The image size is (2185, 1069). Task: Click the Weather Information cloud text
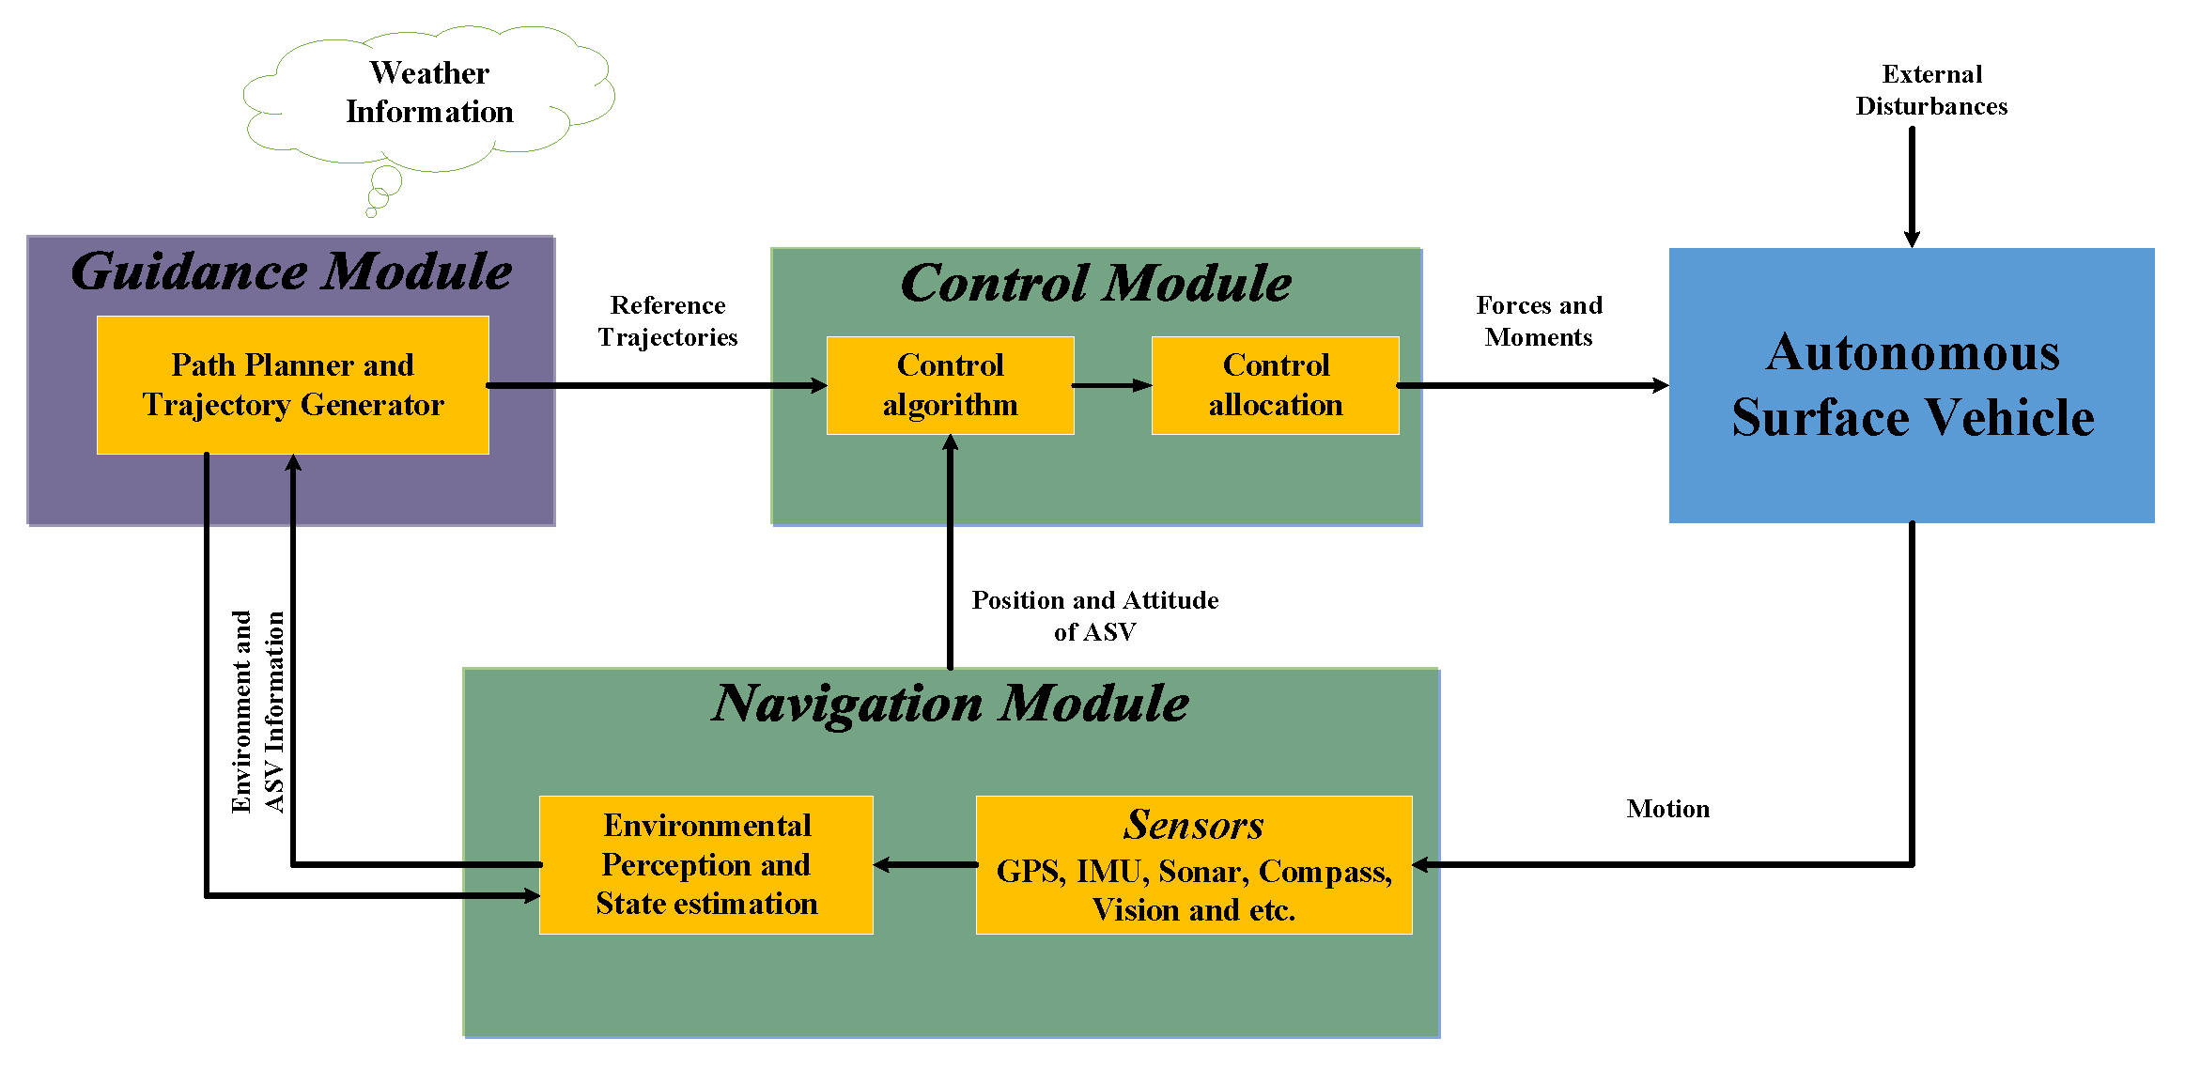429,92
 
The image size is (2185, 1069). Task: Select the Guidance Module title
291,271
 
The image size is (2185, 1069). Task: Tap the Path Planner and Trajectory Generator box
292,385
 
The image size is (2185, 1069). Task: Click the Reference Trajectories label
668,321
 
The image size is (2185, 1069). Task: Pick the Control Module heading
1095,283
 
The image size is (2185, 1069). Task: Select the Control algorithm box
950,385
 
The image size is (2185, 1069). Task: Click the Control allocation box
1275,385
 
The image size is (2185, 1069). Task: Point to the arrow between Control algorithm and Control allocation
1112,385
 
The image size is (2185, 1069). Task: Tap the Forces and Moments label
1539,321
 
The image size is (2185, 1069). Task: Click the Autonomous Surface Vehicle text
1912,385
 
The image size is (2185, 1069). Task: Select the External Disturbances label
1931,90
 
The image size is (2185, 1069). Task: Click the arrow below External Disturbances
1912,188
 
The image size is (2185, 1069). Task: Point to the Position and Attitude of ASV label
1094,616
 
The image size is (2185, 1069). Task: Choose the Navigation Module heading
950,704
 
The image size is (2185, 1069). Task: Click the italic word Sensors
1193,825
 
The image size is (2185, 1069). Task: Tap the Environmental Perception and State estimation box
705,864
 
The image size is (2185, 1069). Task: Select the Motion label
1667,809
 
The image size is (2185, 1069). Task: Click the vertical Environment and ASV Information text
257,712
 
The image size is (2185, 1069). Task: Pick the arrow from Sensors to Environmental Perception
924,865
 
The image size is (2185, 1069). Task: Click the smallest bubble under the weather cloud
371,212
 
